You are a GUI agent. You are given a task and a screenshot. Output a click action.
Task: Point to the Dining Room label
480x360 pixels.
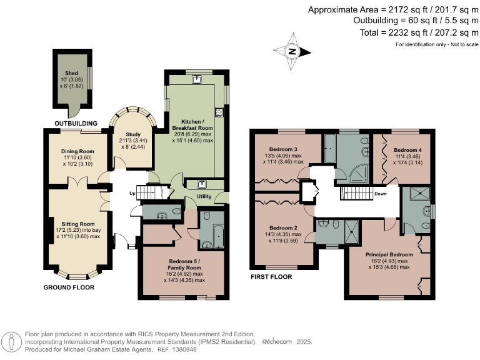(77, 151)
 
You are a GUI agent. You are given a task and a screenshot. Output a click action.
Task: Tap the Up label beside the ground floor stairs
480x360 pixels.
(132, 193)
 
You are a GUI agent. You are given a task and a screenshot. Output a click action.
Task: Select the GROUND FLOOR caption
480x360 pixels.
(69, 287)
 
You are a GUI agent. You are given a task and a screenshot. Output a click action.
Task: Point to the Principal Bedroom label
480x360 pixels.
(389, 254)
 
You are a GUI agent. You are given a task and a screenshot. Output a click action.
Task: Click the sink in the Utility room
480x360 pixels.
(202, 184)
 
